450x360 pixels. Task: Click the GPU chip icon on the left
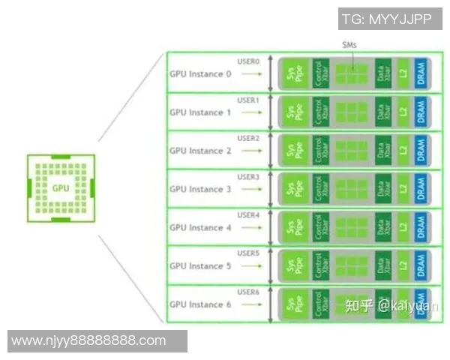click(61, 187)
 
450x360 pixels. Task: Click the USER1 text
click(248, 100)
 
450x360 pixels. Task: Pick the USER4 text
click(248, 215)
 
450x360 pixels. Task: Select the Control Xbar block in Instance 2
click(321, 150)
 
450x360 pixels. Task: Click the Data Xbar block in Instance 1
click(383, 112)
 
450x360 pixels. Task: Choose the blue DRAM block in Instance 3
click(421, 189)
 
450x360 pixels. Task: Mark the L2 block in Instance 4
click(403, 227)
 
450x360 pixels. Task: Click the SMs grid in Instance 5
click(352, 265)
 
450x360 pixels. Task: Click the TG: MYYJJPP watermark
click(387, 19)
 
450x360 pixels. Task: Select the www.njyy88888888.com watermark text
click(89, 340)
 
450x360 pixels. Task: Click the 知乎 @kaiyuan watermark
click(379, 305)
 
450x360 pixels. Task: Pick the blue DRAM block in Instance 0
click(421, 73)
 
